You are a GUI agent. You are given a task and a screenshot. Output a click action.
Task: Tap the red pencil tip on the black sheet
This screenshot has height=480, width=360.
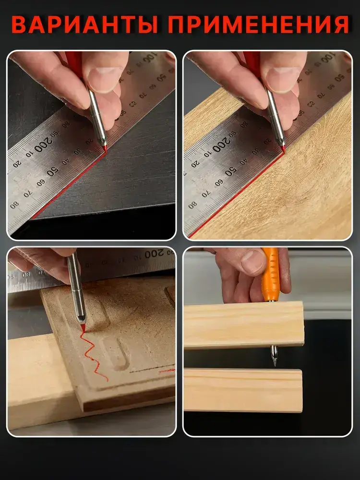(x=105, y=149)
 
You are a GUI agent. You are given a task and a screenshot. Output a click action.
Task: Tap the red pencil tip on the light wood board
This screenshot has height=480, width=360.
(x=283, y=149)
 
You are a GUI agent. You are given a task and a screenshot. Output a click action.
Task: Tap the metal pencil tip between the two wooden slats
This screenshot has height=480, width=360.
(x=274, y=355)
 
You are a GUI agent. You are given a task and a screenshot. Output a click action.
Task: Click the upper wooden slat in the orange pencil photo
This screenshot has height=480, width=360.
(x=244, y=324)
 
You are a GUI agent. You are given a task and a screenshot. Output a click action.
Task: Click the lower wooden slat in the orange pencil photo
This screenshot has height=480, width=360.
(x=243, y=390)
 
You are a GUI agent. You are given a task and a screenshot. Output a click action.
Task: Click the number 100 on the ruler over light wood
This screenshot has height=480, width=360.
(x=327, y=57)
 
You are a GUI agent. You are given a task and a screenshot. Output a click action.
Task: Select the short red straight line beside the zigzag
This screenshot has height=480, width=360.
(x=167, y=371)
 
